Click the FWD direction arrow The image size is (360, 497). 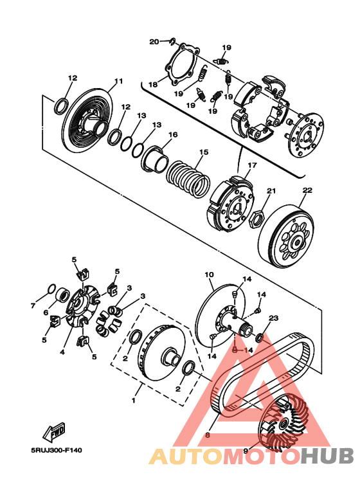(x=54, y=432)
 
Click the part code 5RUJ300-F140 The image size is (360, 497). (x=56, y=451)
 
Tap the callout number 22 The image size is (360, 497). (x=307, y=190)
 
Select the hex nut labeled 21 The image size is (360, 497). (x=255, y=219)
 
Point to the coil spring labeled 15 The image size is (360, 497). (x=188, y=179)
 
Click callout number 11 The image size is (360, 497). (x=118, y=82)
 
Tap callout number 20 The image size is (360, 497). (x=154, y=42)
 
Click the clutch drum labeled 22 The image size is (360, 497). (x=287, y=235)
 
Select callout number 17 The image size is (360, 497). (x=252, y=165)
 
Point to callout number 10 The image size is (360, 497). (x=209, y=275)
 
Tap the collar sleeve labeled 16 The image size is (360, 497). (x=155, y=159)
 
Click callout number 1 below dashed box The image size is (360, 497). (x=134, y=401)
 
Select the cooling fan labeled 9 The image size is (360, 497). (x=283, y=422)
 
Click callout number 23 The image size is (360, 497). (x=273, y=318)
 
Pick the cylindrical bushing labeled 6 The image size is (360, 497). (x=62, y=295)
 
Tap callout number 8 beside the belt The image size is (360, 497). (x=208, y=435)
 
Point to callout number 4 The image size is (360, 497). (x=62, y=352)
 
